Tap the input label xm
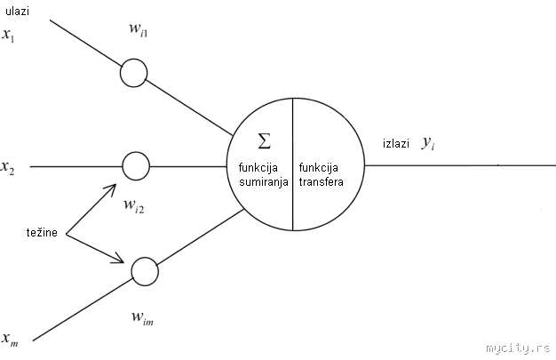[x=10, y=339]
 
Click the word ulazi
[x=18, y=11]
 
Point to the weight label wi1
[x=139, y=33]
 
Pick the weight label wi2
[x=134, y=208]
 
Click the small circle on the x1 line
[x=133, y=73]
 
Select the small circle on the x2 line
[x=136, y=165]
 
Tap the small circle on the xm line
[x=143, y=270]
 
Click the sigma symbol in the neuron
[x=263, y=140]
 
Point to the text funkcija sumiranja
[x=258, y=173]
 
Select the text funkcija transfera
[x=318, y=173]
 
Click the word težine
[x=43, y=233]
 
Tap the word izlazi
[x=396, y=143]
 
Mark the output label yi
[x=428, y=142]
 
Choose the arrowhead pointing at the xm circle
[x=122, y=261]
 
